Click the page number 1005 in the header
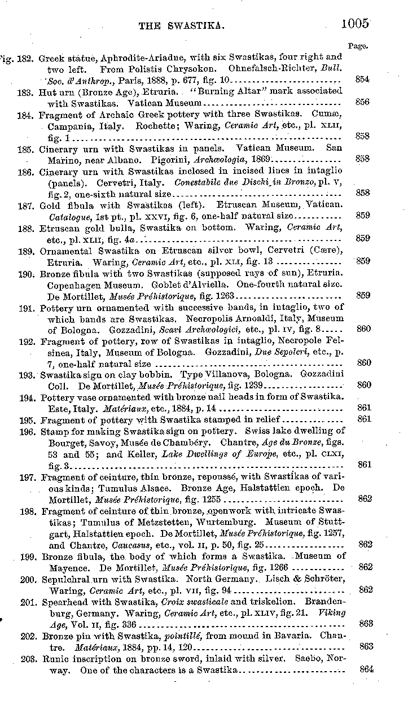355,23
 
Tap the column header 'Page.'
359,46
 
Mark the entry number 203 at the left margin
28,659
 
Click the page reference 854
363,79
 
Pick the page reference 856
363,102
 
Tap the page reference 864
366,669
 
